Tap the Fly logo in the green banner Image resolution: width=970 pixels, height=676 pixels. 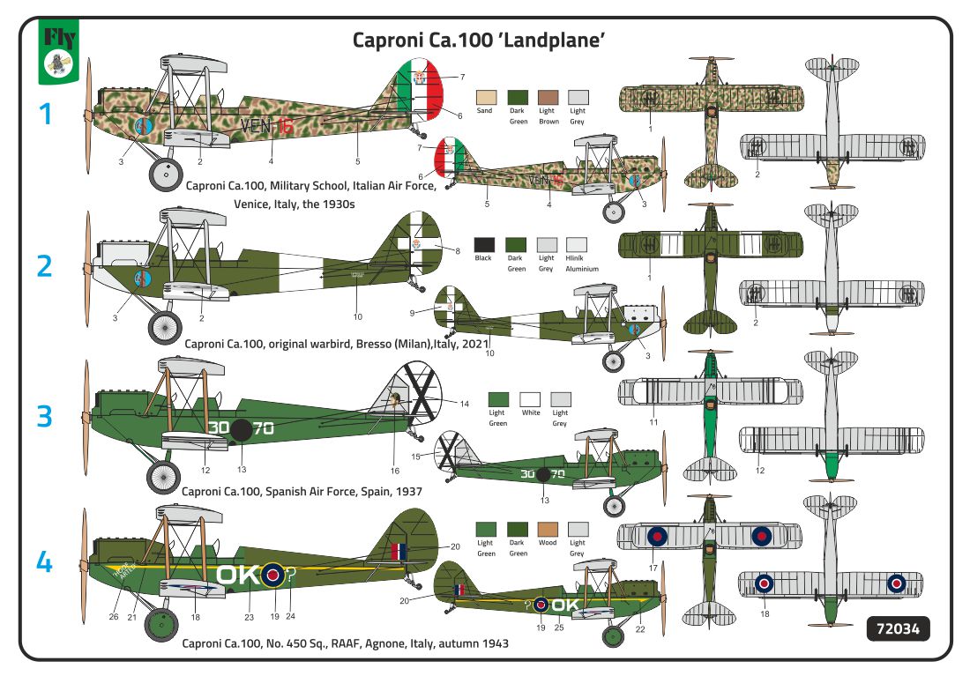(x=59, y=50)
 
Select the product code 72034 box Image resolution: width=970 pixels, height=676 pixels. (x=899, y=629)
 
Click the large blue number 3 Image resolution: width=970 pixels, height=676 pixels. (x=44, y=414)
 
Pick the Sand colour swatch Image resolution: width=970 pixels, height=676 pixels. (x=484, y=96)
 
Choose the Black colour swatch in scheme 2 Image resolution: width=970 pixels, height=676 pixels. (x=483, y=244)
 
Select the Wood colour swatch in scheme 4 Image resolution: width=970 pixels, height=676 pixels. (x=548, y=529)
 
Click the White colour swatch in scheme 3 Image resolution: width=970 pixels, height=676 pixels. (x=530, y=398)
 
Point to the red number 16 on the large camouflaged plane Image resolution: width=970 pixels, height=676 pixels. (x=282, y=127)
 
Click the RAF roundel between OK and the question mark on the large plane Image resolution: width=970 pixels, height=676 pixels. (x=272, y=576)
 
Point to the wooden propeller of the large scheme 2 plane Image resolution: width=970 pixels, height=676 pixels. (x=87, y=264)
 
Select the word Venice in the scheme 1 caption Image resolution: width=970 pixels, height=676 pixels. (x=255, y=203)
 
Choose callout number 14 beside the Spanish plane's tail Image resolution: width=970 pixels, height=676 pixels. (x=465, y=405)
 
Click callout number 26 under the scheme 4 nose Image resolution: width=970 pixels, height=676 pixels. (x=114, y=616)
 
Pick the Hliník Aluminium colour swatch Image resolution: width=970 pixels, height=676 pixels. (x=577, y=244)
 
